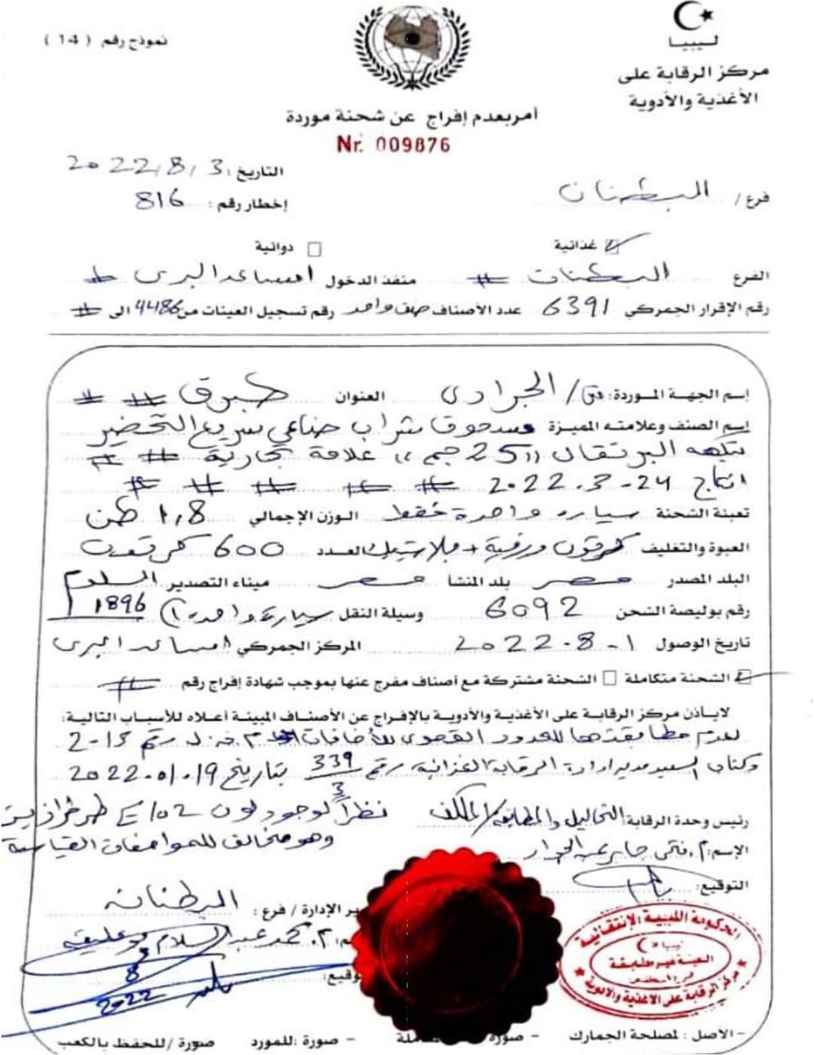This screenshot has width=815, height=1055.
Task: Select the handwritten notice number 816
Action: pos(159,201)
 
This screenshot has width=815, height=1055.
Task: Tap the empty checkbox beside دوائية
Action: pos(315,249)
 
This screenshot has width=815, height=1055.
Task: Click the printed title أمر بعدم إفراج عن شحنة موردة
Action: pos(412,117)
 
